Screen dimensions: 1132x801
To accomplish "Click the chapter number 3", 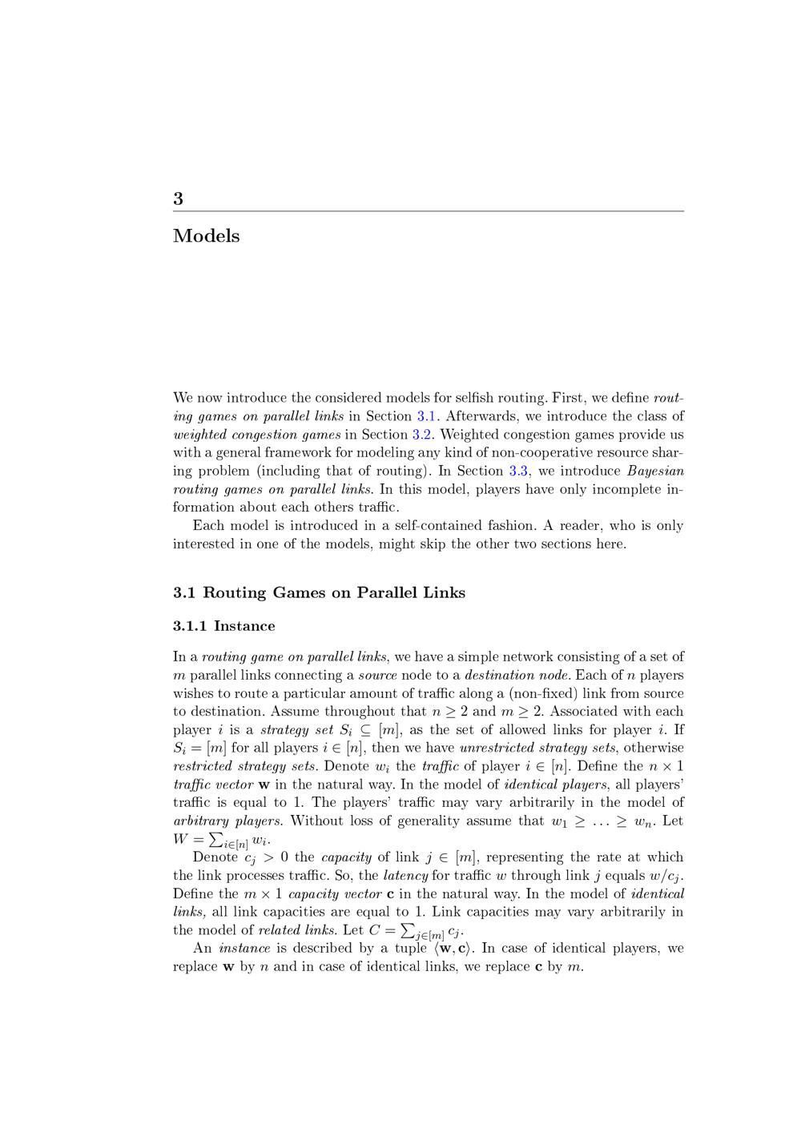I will click(178, 199).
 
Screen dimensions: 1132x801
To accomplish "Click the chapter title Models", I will click(206, 236).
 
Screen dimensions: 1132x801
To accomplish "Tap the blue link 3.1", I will click(425, 416).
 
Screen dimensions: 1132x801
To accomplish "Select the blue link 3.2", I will click(421, 435).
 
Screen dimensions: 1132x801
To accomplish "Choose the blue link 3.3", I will click(517, 471).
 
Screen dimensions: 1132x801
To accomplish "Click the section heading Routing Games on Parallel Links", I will click(333, 593).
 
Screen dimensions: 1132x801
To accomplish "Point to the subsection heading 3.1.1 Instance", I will click(223, 626).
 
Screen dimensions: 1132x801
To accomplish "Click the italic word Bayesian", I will click(655, 471).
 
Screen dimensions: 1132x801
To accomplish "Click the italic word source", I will click(377, 675).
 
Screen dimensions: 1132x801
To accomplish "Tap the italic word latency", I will click(405, 876).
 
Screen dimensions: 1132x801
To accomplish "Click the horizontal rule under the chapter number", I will click(429, 211).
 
